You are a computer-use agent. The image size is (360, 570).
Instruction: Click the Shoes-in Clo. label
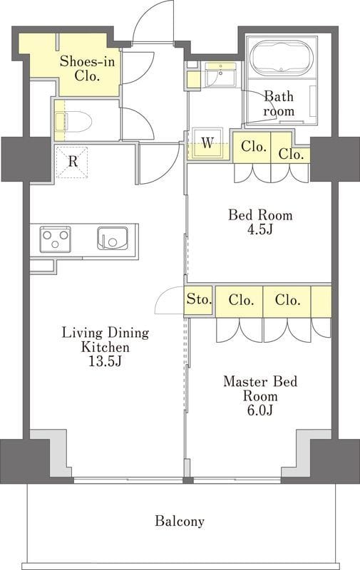pyautogui.click(x=87, y=68)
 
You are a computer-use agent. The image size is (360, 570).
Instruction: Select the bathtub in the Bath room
pyautogui.click(x=282, y=58)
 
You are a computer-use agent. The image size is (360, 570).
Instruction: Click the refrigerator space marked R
pyautogui.click(x=72, y=162)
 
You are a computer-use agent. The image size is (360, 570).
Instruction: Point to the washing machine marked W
pyautogui.click(x=207, y=143)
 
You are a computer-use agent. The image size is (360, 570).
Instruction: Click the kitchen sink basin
pyautogui.click(x=113, y=239)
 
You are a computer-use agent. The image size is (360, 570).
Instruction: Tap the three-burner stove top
pyautogui.click(x=56, y=239)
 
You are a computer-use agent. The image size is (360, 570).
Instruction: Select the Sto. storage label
pyautogui.click(x=199, y=299)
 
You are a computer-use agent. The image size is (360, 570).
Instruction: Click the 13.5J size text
pyautogui.click(x=105, y=361)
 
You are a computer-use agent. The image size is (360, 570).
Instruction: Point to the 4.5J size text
pyautogui.click(x=259, y=229)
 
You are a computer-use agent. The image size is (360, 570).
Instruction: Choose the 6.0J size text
pyautogui.click(x=260, y=410)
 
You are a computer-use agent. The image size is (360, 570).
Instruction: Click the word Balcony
pyautogui.click(x=180, y=522)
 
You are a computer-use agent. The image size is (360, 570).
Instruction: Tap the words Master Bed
pyautogui.click(x=260, y=381)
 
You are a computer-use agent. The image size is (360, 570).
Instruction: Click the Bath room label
pyautogui.click(x=279, y=103)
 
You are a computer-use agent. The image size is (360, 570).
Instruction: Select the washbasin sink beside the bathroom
pyautogui.click(x=220, y=76)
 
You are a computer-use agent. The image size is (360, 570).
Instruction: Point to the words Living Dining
pyautogui.click(x=105, y=333)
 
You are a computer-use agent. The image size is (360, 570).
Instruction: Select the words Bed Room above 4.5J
pyautogui.click(x=260, y=215)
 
